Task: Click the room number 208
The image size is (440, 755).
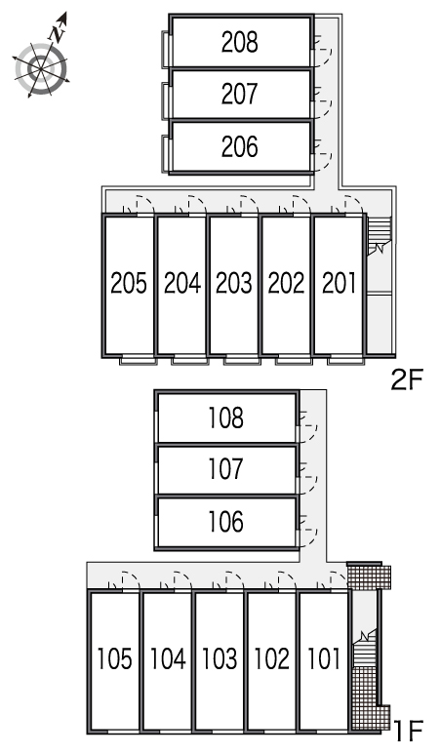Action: click(240, 42)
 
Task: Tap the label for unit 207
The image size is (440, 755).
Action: click(240, 94)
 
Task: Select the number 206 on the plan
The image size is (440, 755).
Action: click(240, 146)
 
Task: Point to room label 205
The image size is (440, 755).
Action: click(129, 283)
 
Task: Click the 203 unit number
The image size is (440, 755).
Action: click(233, 283)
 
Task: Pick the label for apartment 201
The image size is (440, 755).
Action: click(339, 283)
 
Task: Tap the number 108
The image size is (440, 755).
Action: click(225, 417)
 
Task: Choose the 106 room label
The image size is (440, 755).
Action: click(225, 522)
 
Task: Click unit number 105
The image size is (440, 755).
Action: click(114, 658)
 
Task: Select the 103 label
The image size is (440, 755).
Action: click(220, 658)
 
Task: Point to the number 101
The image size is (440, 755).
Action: click(324, 658)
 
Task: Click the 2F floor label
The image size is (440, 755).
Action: click(407, 380)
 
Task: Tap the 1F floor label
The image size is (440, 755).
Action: click(408, 731)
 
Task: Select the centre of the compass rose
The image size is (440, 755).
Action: click(40, 69)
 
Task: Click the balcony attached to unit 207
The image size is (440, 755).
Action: click(166, 100)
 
